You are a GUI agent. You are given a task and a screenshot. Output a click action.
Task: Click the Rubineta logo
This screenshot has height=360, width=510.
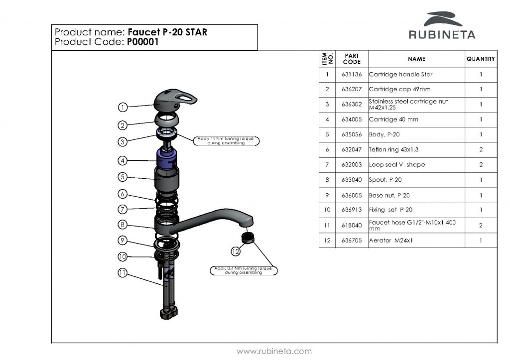pyautogui.click(x=442, y=25)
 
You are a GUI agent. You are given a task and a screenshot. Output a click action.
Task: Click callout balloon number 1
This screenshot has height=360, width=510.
pyautogui.click(x=123, y=107)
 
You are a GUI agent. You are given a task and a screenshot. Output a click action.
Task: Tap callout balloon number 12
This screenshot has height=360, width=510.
pyautogui.click(x=236, y=251)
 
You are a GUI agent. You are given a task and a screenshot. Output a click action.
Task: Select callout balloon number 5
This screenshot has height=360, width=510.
pyautogui.click(x=123, y=177)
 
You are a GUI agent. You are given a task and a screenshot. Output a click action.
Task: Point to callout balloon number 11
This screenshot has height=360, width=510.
pyautogui.click(x=123, y=272)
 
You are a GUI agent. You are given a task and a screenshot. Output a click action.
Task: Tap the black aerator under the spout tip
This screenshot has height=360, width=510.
pyautogui.click(x=248, y=238)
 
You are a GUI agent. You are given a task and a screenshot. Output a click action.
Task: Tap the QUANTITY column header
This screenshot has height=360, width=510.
pyautogui.click(x=480, y=59)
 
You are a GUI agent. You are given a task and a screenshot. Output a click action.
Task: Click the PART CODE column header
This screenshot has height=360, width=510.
pyautogui.click(x=352, y=59)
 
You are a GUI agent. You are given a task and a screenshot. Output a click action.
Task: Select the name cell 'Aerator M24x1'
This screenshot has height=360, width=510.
pyautogui.click(x=391, y=240)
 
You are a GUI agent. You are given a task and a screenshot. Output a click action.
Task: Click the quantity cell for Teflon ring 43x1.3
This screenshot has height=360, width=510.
pyautogui.click(x=481, y=149)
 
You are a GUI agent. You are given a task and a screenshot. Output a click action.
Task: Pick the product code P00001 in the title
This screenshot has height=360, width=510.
pyautogui.click(x=142, y=42)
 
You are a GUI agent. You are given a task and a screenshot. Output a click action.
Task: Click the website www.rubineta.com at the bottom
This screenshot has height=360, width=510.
pyautogui.click(x=274, y=351)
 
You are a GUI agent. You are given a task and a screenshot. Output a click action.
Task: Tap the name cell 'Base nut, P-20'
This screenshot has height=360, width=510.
pyautogui.click(x=389, y=195)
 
